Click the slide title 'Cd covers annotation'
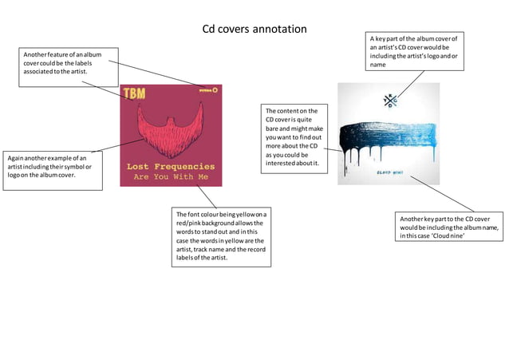coord(254,30)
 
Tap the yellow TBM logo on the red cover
coord(133,93)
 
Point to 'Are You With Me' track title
coord(171,176)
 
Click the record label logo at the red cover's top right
coord(209,91)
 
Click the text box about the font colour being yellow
coord(222,237)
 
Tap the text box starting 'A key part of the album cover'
coord(416,51)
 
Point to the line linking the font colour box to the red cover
coord(207,197)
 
